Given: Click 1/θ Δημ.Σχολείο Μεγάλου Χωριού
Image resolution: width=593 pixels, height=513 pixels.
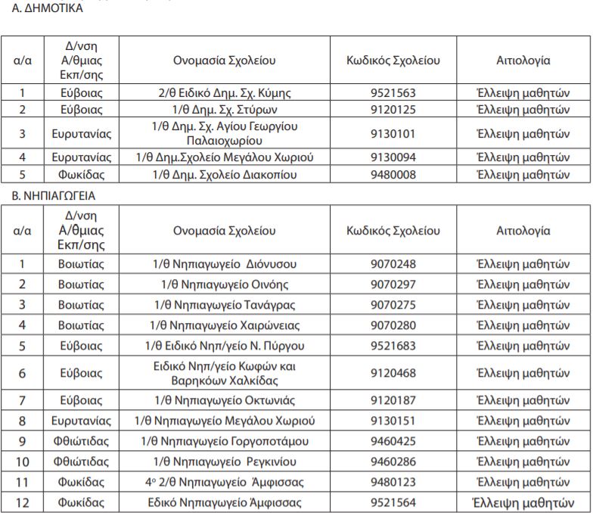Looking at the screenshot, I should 224,157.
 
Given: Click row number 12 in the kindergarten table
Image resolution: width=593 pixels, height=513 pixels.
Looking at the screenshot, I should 22,502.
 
